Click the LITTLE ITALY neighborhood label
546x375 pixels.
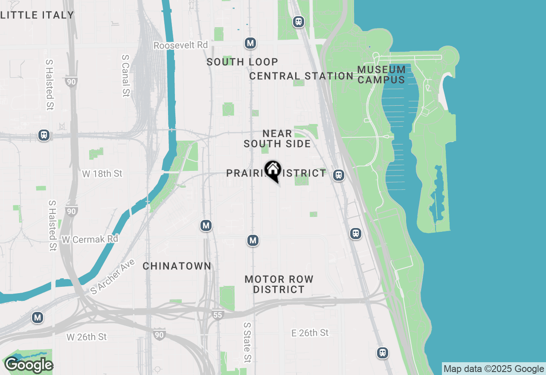point(37,15)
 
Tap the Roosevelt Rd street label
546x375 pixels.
point(180,45)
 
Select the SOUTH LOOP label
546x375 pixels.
point(242,62)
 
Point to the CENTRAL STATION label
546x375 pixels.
point(301,76)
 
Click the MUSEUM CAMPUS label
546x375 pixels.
point(381,75)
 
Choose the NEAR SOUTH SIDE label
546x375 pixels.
point(277,139)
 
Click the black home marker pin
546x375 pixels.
point(273,171)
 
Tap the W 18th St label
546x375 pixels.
point(102,173)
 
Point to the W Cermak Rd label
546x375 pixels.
point(90,239)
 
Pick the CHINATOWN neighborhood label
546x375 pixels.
point(177,266)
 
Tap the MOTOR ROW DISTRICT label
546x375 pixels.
point(279,284)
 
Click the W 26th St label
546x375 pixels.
point(87,337)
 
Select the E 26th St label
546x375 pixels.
point(310,333)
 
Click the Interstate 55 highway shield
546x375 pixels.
point(218,315)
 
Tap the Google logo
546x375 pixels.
point(29,365)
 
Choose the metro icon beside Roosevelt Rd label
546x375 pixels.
point(250,43)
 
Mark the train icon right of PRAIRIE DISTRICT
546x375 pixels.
point(339,175)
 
